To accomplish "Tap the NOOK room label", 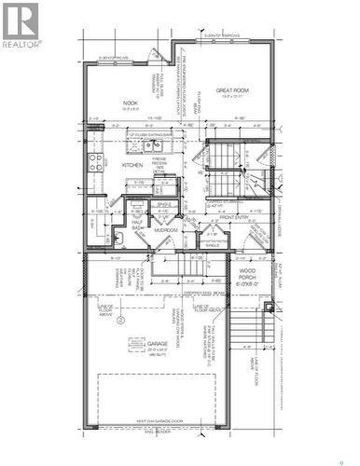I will click(130, 104).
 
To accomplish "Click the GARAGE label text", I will click(158, 343).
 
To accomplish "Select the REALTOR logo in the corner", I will click(21, 25).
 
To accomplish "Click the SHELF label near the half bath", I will click(161, 204).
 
